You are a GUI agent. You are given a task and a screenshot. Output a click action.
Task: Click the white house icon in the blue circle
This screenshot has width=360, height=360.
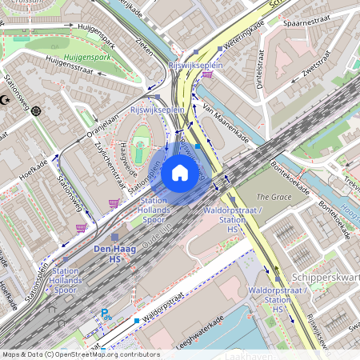[180, 173]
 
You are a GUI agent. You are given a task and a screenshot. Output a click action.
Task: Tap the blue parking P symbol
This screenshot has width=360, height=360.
[104, 314]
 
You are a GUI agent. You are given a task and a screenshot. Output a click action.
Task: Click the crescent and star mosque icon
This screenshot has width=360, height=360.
[7, 100]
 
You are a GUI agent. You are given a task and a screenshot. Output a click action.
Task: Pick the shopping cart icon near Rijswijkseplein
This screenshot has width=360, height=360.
[208, 74]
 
